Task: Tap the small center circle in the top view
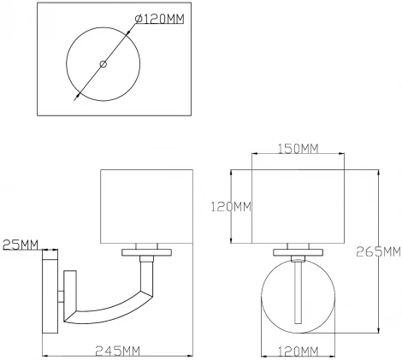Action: [103, 64]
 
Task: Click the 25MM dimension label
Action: [20, 246]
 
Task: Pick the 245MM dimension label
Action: [119, 351]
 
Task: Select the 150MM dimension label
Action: [298, 150]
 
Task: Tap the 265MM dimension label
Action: [381, 251]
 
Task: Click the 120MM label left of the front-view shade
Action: [232, 206]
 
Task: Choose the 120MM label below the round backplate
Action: [297, 351]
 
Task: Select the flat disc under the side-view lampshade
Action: [149, 251]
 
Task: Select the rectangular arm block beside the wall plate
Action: [69, 295]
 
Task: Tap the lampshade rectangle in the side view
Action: [149, 208]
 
